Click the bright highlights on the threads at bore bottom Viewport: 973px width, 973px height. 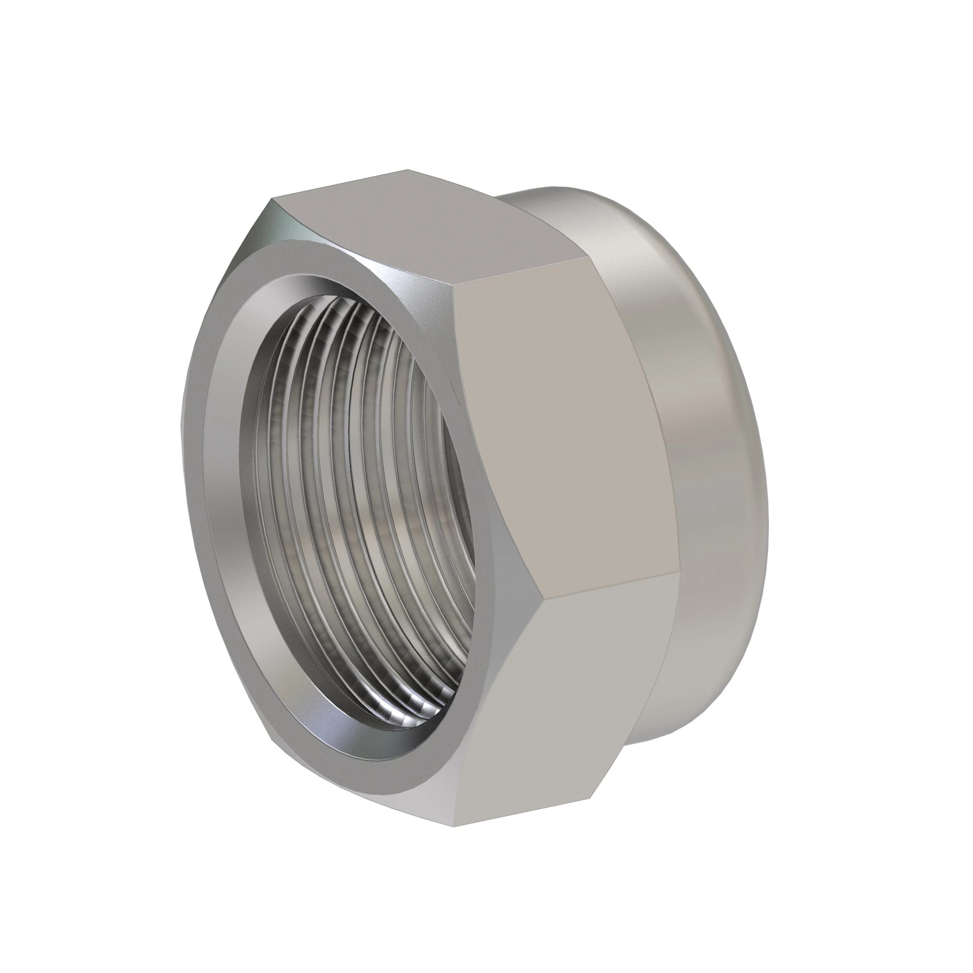(398, 715)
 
